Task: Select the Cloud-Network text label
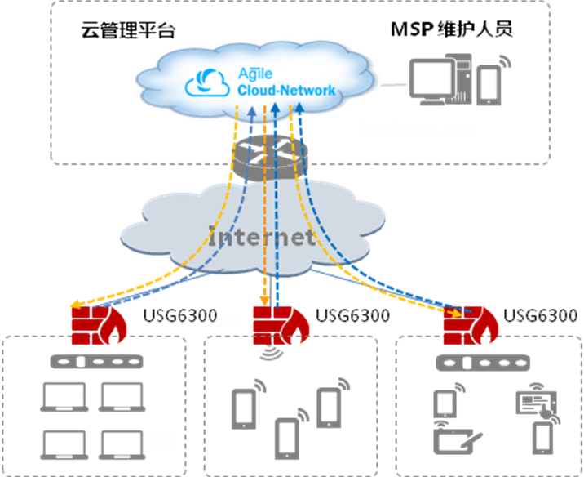tap(286, 91)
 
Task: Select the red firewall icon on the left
tap(94, 326)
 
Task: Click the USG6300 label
tap(206, 321)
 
